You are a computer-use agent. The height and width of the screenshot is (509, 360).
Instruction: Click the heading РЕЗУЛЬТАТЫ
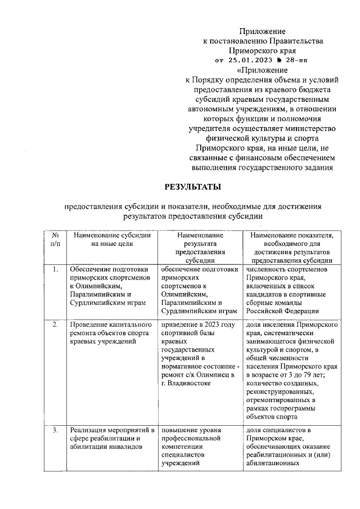click(x=192, y=186)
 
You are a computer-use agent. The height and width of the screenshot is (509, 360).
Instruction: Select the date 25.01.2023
click(x=250, y=60)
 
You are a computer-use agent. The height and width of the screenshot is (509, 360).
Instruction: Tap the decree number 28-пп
click(x=295, y=60)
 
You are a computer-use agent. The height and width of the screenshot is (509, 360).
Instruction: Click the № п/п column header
click(x=56, y=240)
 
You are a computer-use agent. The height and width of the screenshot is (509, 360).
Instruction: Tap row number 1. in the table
click(x=56, y=269)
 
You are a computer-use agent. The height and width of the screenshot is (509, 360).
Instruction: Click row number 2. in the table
click(x=56, y=325)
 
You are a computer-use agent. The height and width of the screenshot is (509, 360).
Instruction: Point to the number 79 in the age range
click(x=304, y=374)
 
